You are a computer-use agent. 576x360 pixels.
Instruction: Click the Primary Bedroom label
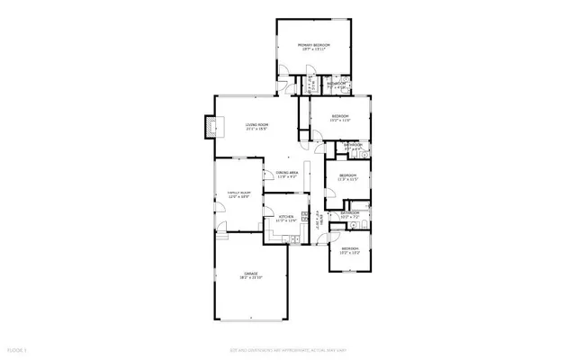[314, 45]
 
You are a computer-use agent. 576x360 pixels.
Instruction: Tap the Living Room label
[258, 124]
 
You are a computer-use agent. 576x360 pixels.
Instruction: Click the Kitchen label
[286, 217]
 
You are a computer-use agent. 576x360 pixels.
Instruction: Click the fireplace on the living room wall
[211, 128]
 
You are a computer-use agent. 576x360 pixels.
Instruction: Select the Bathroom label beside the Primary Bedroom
[337, 84]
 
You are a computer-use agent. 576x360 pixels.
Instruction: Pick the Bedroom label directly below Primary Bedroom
[339, 116]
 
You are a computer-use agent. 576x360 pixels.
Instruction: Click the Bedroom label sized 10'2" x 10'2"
[349, 248]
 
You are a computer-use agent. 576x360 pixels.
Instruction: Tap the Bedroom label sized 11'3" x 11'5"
[347, 175]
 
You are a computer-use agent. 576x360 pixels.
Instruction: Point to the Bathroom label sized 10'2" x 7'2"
[350, 213]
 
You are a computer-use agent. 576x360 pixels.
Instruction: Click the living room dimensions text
[258, 130]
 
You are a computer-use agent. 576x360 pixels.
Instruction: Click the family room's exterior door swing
[219, 214]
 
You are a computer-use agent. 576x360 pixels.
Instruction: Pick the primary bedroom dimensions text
[314, 49]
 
